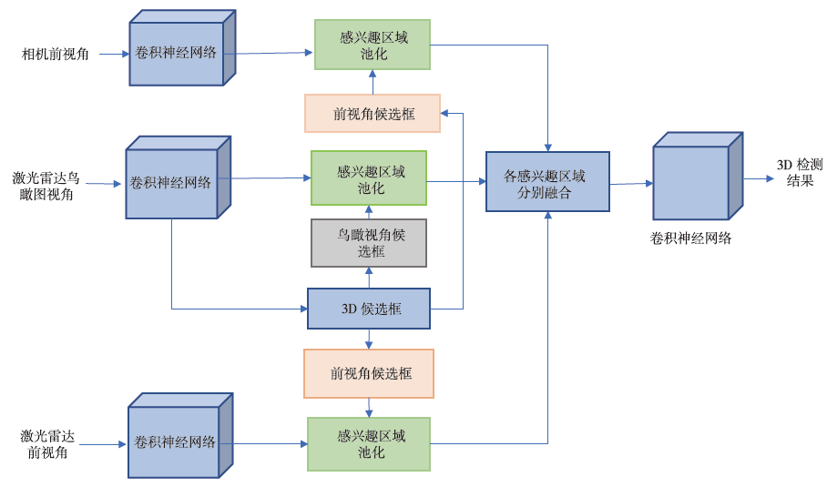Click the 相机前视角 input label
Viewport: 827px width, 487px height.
pyautogui.click(x=56, y=55)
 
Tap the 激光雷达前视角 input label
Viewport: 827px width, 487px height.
pyautogui.click(x=46, y=444)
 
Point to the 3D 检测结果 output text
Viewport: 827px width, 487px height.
pyautogui.click(x=800, y=172)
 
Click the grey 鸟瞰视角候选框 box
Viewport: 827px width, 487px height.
pyautogui.click(x=369, y=243)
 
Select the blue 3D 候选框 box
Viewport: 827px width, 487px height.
pyautogui.click(x=369, y=309)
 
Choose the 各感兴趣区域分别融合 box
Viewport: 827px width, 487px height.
pyautogui.click(x=547, y=182)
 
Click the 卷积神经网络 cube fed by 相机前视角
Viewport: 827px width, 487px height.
pyautogui.click(x=178, y=53)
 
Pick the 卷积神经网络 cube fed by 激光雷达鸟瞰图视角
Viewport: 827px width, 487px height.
pyautogui.click(x=173, y=182)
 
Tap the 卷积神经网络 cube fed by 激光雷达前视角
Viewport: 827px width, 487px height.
pyautogui.click(x=176, y=441)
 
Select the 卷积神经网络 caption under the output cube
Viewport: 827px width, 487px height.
pyautogui.click(x=691, y=238)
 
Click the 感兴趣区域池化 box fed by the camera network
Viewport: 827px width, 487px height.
pyautogui.click(x=373, y=45)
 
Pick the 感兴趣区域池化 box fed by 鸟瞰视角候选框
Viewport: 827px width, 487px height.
pyautogui.click(x=369, y=178)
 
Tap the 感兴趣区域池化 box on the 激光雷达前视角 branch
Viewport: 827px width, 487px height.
pyautogui.click(x=369, y=443)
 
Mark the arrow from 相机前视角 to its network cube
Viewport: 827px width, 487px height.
pyautogui.click(x=114, y=55)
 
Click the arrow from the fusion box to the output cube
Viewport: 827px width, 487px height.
pyautogui.click(x=631, y=184)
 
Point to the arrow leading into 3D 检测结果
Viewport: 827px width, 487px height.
pyautogui.click(x=758, y=178)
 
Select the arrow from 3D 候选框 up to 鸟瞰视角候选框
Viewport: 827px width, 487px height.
pyautogui.click(x=369, y=278)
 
